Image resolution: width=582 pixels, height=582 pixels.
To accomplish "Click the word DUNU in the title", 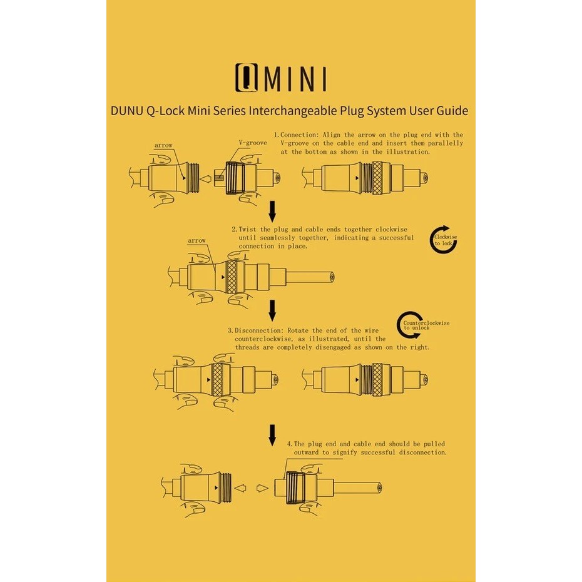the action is [127, 111].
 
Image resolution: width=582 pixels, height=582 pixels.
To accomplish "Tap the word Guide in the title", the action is [452, 111].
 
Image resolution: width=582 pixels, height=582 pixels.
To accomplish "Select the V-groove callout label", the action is [253, 143].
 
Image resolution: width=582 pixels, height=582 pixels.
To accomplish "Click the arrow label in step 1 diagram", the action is [163, 145].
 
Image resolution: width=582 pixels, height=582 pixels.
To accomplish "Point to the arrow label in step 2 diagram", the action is [197, 240].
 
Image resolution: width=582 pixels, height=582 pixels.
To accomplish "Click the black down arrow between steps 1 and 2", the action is [272, 212].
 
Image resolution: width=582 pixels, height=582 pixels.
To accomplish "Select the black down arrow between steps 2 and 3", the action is [272, 310].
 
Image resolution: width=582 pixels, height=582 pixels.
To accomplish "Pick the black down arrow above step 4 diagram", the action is [272, 435].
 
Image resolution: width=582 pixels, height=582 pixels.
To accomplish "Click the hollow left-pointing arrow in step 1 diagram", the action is [206, 178].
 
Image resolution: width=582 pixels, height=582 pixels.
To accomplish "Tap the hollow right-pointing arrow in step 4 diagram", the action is [262, 488].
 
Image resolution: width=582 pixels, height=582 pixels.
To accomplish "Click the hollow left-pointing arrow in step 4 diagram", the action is [240, 488].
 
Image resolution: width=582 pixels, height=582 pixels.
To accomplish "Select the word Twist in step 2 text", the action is [248, 230].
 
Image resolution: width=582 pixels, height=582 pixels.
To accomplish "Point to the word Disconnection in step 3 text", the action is [260, 330].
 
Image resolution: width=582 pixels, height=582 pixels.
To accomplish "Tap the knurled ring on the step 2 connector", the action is [231, 277].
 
